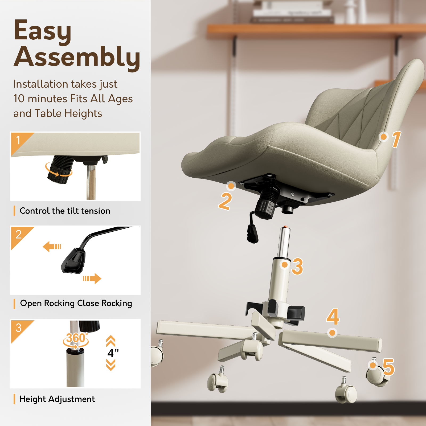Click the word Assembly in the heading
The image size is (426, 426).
tap(77, 57)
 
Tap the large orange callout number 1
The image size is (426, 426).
tap(396, 139)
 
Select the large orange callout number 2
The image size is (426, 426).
tap(225, 201)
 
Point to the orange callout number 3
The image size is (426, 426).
tap(297, 266)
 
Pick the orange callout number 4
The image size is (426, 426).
tap(333, 317)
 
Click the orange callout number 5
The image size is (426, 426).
tap(388, 367)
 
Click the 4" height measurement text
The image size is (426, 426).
tap(113, 353)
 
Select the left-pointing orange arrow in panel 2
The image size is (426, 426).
tap(52, 247)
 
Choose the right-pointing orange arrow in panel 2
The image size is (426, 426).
tap(92, 279)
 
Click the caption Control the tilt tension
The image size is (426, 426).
tap(65, 211)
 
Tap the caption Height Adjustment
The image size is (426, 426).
tap(57, 399)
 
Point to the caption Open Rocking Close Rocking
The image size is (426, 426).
tap(76, 303)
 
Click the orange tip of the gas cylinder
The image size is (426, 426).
tap(285, 227)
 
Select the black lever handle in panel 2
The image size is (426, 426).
tap(73, 261)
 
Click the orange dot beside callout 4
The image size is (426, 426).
tap(332, 333)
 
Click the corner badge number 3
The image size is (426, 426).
tap(18, 328)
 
